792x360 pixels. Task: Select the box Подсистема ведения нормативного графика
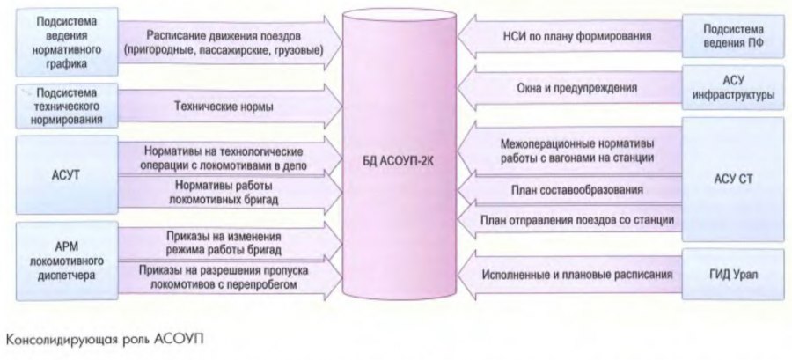[x=61, y=42]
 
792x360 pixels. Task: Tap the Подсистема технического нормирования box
[x=61, y=106]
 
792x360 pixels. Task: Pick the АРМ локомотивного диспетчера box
[x=61, y=261]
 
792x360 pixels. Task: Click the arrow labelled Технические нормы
[x=224, y=107]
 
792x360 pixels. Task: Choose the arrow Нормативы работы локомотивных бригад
[x=224, y=193]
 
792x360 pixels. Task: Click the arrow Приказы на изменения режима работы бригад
[x=224, y=242]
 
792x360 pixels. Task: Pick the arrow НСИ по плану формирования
[x=572, y=37]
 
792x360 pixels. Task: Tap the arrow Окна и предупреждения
[x=572, y=87]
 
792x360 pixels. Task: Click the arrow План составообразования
[x=572, y=188]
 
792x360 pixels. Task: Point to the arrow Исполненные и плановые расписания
[x=572, y=274]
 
